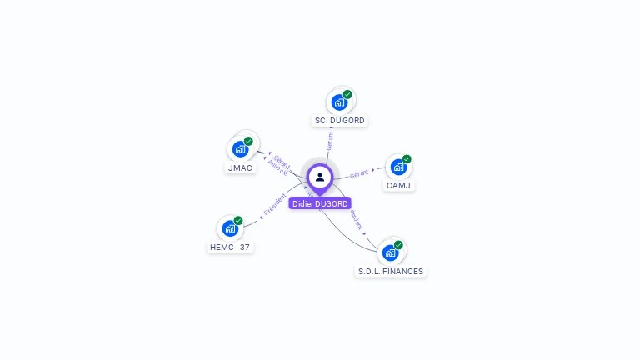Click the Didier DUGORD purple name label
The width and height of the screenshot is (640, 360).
tap(320, 203)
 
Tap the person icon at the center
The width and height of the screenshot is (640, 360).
tap(320, 177)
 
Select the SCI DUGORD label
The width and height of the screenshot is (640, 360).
tap(339, 121)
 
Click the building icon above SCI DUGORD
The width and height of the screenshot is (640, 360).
tap(339, 102)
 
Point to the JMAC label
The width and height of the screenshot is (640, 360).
tap(240, 167)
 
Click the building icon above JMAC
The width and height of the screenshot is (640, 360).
tap(240, 149)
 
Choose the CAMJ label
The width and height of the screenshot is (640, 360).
tap(398, 185)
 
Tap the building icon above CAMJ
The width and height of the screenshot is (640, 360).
tap(398, 167)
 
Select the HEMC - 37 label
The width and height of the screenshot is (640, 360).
tap(230, 247)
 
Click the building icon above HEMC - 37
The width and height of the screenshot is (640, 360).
tap(230, 228)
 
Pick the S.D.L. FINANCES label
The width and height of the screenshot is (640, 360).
tap(391, 271)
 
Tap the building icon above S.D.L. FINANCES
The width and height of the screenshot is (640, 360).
tap(390, 252)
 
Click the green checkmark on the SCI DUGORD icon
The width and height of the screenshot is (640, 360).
tap(347, 94)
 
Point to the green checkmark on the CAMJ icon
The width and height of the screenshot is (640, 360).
tap(407, 158)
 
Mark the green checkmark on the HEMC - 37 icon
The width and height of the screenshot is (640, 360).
tap(238, 220)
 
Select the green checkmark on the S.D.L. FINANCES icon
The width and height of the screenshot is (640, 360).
tap(398, 244)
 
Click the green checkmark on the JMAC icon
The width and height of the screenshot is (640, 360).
tap(248, 141)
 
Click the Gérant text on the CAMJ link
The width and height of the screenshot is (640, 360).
tap(359, 174)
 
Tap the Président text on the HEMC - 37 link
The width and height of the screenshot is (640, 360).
tap(275, 206)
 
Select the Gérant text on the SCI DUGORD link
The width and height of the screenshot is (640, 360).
tap(330, 140)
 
